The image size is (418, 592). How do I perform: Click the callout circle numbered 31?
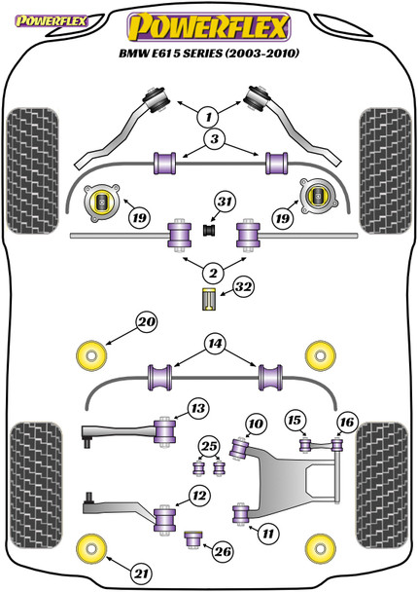(x=225, y=202)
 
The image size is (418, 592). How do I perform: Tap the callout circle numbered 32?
(x=243, y=287)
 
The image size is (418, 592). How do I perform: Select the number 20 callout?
(x=147, y=322)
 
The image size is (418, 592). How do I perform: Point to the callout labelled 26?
(x=223, y=552)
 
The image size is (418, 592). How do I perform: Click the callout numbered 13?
(x=198, y=408)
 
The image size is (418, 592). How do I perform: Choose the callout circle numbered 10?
(x=256, y=424)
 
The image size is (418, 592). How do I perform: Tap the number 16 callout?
(x=347, y=422)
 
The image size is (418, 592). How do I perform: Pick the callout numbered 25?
(x=209, y=447)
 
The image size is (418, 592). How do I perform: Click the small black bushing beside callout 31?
(x=209, y=231)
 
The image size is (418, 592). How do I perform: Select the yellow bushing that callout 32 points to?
(x=209, y=299)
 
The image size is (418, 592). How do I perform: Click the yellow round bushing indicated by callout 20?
(x=91, y=355)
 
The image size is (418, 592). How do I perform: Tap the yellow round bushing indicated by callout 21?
(x=91, y=548)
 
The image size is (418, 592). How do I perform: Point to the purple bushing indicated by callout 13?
(x=164, y=432)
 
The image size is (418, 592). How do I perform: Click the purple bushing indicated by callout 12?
(x=164, y=520)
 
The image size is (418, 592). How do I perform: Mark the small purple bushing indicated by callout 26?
(x=193, y=539)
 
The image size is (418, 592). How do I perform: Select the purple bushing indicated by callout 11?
(x=241, y=514)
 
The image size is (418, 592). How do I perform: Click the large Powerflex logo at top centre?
(x=209, y=27)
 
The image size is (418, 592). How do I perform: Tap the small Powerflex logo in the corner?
(x=51, y=20)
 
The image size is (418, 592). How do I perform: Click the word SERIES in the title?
(x=203, y=54)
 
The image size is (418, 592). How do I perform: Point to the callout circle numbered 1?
(x=208, y=117)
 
